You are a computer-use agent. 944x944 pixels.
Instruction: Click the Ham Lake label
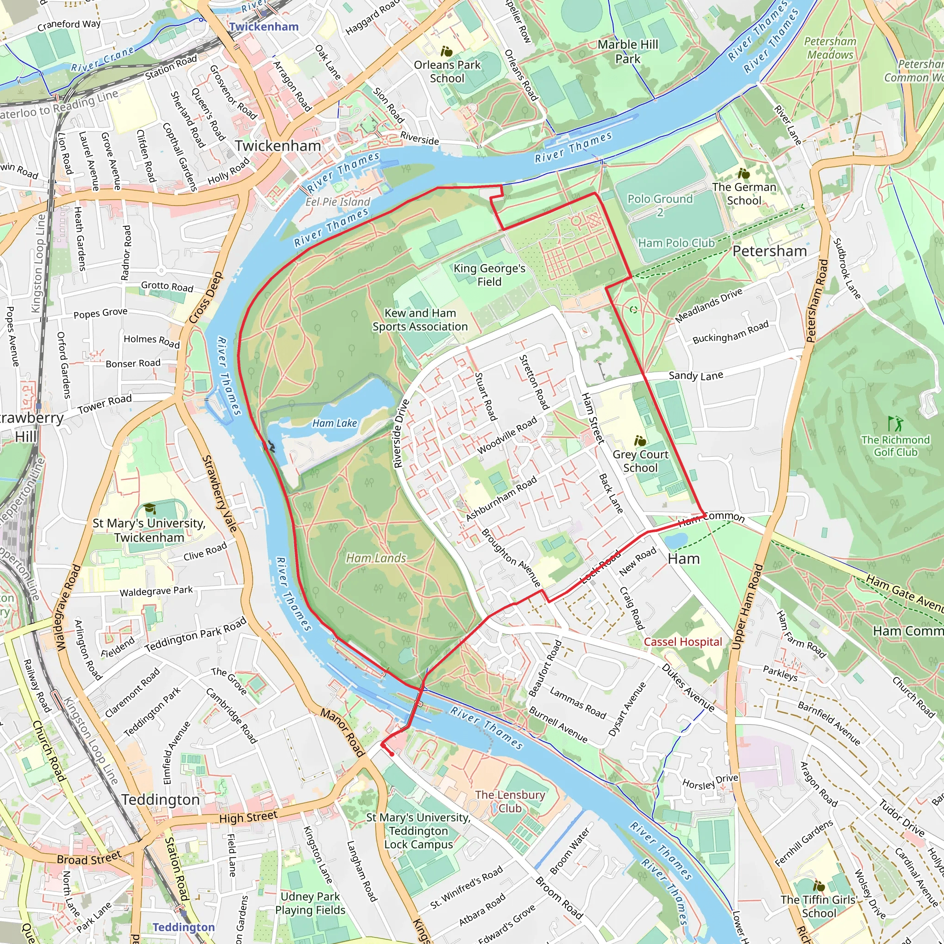coord(334,423)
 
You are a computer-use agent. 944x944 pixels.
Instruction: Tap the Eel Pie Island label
coord(337,202)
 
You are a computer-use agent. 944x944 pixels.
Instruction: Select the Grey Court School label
coord(640,461)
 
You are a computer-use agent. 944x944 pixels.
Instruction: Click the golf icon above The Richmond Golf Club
coord(896,423)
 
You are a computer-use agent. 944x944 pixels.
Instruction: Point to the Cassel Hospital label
coord(683,642)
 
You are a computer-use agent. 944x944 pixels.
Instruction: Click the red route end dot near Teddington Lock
coord(392,754)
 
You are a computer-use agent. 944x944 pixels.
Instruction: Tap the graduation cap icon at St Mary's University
coord(150,508)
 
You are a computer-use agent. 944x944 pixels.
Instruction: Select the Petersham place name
coord(769,251)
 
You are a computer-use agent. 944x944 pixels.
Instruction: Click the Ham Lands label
coord(376,558)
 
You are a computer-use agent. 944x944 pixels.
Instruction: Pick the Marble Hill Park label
coord(628,51)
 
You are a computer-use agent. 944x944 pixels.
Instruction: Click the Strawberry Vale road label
coord(219,494)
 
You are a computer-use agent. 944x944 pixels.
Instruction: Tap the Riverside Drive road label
coord(401,433)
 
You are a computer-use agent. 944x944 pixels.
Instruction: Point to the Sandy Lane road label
coord(696,375)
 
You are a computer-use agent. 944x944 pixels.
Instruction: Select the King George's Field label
coord(489,275)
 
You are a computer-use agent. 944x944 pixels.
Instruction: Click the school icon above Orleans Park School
coord(446,51)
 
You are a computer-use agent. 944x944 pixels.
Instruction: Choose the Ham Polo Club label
coord(676,243)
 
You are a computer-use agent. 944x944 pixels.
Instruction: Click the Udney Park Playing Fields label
coord(310,903)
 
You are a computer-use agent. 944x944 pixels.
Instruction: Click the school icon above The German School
coord(743,173)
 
